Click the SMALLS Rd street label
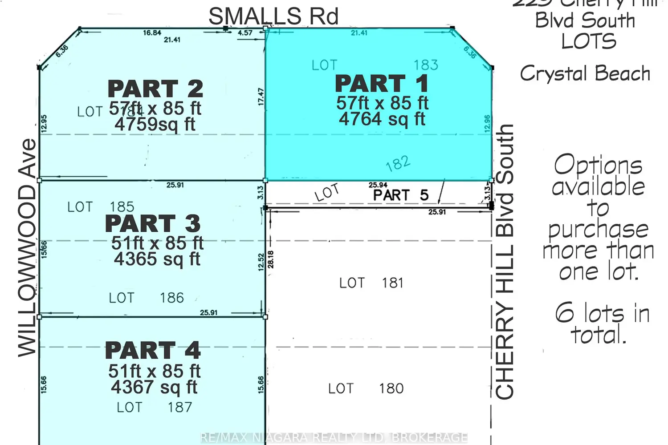[273, 17]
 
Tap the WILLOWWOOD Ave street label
[27, 247]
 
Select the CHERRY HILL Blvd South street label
[505, 262]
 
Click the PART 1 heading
[382, 84]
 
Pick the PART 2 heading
[155, 89]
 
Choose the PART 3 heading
[153, 223]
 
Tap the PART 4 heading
[153, 351]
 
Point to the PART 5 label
[401, 195]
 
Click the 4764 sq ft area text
[382, 119]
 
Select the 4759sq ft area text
[155, 124]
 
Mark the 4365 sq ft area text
[157, 259]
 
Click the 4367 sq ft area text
[154, 387]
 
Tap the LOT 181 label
[371, 283]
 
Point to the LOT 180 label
[366, 388]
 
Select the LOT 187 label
[154, 407]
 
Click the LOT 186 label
[146, 298]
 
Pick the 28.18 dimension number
[271, 259]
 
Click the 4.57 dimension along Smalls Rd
[245, 33]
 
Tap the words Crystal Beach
[585, 73]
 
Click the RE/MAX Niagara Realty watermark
[334, 438]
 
